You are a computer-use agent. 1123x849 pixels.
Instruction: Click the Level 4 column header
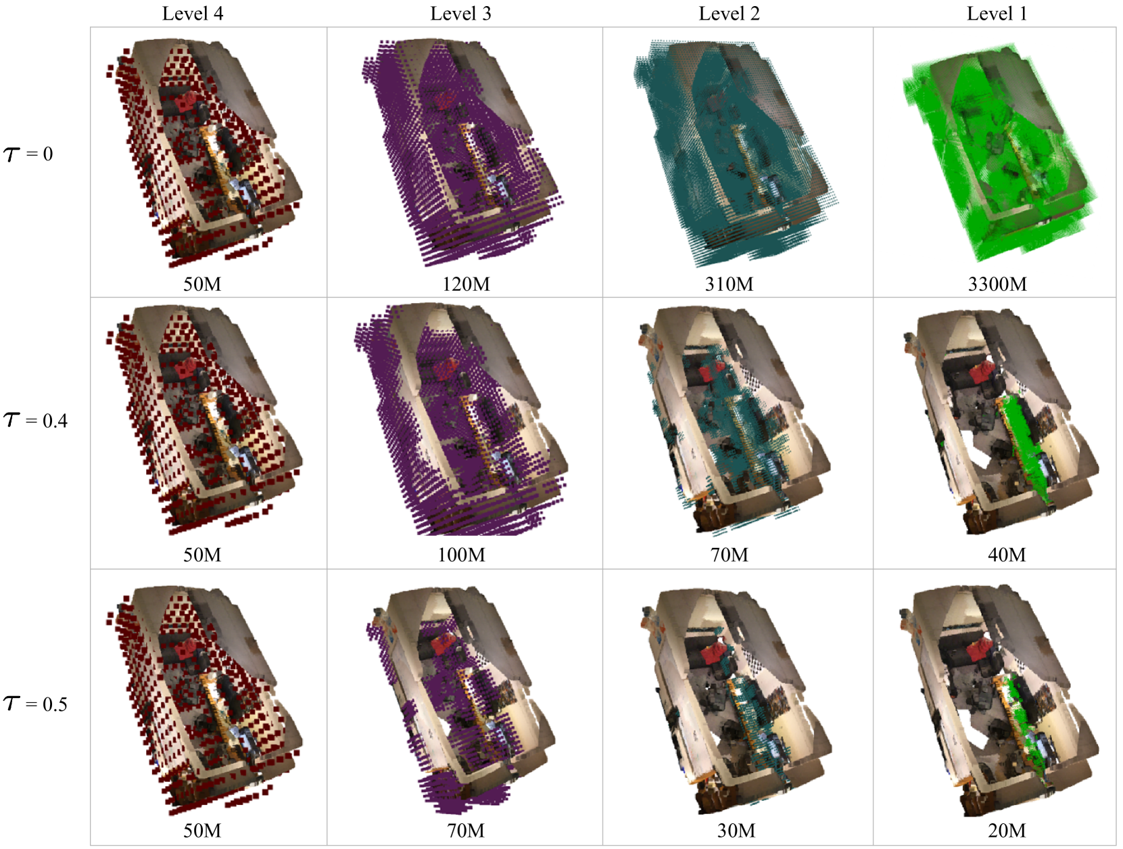pyautogui.click(x=193, y=14)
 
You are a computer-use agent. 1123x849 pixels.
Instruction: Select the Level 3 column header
pyautogui.click(x=460, y=14)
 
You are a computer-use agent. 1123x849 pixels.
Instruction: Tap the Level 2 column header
pyautogui.click(x=729, y=14)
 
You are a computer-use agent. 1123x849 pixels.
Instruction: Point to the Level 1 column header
pyautogui.click(x=997, y=14)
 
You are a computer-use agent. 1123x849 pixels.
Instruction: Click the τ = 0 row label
pyautogui.click(x=28, y=154)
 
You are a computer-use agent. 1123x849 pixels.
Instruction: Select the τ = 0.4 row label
pyautogui.click(x=35, y=420)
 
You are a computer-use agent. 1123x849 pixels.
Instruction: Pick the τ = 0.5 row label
pyautogui.click(x=35, y=704)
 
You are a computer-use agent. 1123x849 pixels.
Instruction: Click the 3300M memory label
pyautogui.click(x=997, y=284)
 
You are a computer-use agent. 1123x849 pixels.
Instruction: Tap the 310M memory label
pyautogui.click(x=729, y=284)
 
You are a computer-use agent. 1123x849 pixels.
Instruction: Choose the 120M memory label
pyautogui.click(x=466, y=284)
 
